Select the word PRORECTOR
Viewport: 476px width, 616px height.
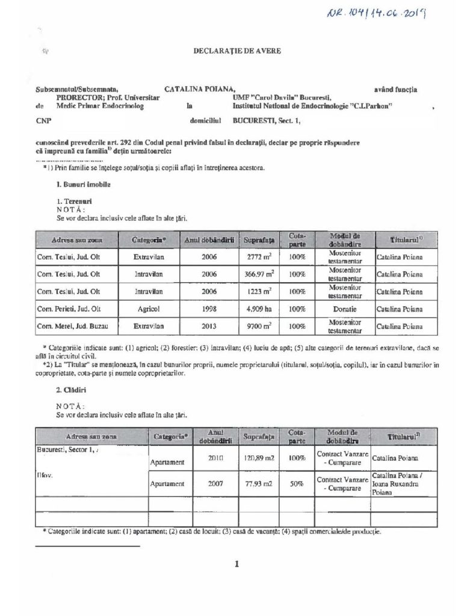tap(75, 96)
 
